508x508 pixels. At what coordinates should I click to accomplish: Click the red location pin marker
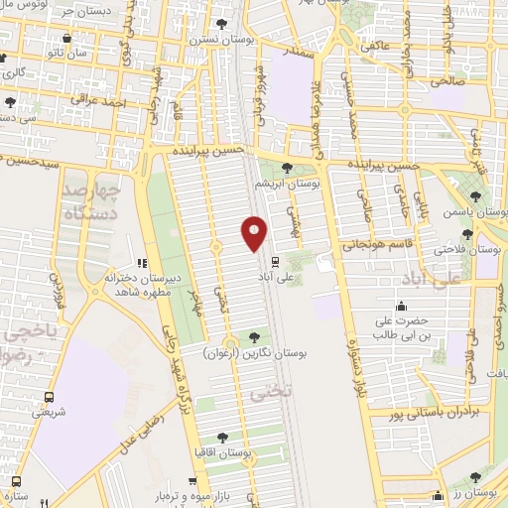coord(255,234)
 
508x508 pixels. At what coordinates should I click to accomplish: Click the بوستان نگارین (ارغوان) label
coord(257,352)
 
